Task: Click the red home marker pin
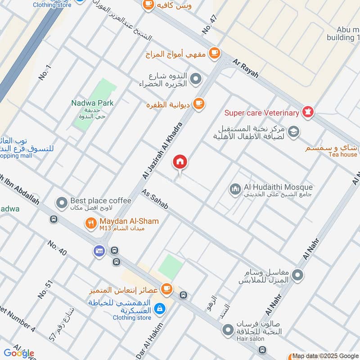[x=180, y=162]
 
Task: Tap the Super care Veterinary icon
[x=308, y=112]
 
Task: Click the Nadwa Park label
[x=93, y=103]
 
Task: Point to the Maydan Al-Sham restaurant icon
[x=91, y=222]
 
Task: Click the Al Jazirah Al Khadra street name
[x=163, y=150]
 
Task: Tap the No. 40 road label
[x=57, y=248]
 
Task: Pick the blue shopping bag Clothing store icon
[x=159, y=309]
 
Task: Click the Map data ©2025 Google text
[x=326, y=355]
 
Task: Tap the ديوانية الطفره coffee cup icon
[x=198, y=104]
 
